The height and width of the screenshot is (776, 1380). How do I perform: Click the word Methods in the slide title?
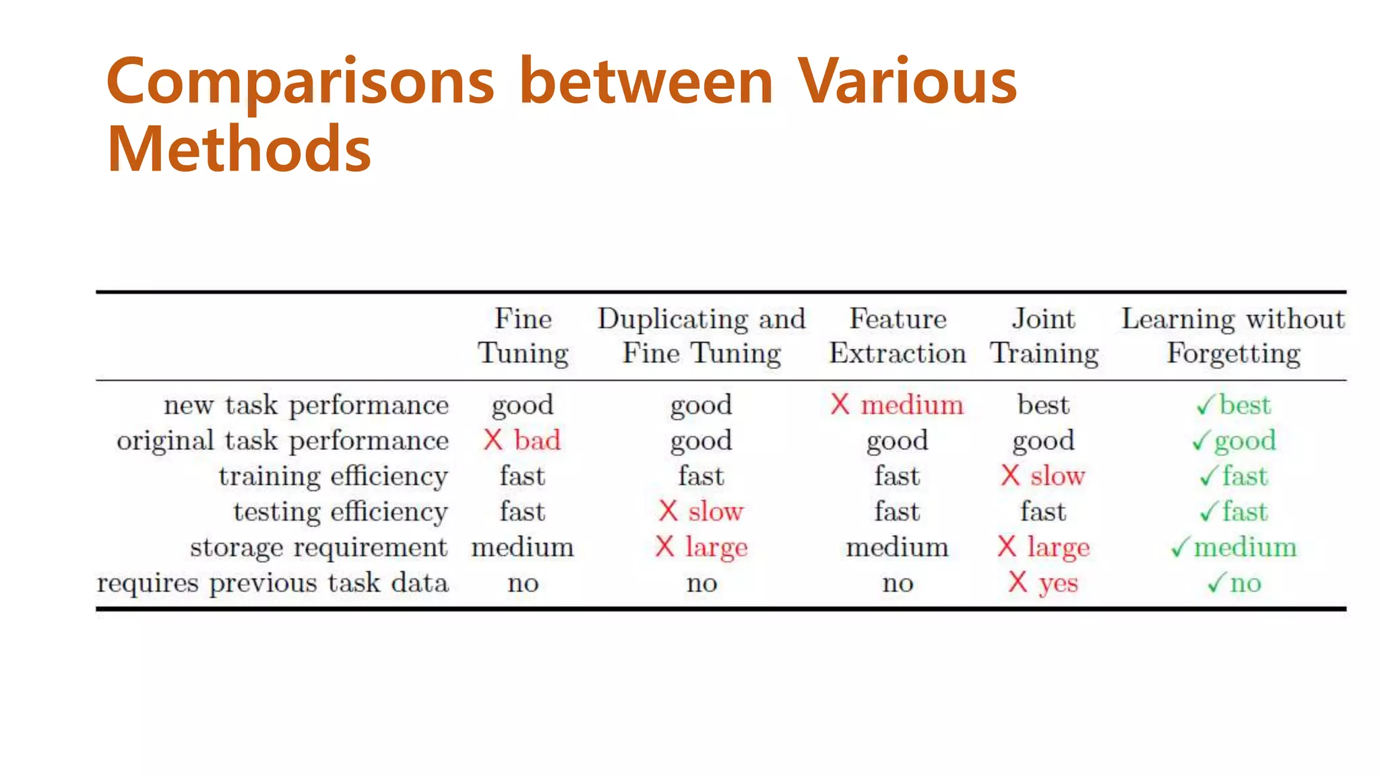point(239,149)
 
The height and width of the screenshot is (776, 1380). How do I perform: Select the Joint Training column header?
point(1044,335)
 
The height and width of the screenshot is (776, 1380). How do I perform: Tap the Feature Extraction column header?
point(897,335)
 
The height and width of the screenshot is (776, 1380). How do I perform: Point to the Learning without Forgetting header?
point(1232,335)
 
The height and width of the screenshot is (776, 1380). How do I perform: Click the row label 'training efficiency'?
point(333,476)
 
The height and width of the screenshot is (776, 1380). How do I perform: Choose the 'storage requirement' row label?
point(318,547)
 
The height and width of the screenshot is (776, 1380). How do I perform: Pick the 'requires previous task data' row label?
point(272,583)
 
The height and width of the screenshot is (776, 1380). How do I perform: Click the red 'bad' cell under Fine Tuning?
point(537,441)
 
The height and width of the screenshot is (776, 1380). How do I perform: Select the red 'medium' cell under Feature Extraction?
point(912,405)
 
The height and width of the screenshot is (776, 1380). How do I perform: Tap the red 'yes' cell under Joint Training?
point(1058,583)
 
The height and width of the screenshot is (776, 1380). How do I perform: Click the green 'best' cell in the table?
point(1245,405)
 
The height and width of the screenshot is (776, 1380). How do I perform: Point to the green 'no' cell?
point(1245,583)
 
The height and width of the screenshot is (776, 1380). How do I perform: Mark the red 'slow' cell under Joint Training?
point(1057,476)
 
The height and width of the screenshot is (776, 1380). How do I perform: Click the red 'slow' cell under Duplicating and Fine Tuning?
point(716,512)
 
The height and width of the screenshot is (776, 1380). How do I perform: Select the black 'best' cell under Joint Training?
point(1043,405)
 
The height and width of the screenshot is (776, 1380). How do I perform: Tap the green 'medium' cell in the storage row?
point(1245,547)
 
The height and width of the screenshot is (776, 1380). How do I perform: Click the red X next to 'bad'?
point(493,441)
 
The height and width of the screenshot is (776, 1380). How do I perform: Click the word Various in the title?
point(907,82)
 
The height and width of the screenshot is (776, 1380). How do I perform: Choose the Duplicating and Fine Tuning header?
point(701,335)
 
